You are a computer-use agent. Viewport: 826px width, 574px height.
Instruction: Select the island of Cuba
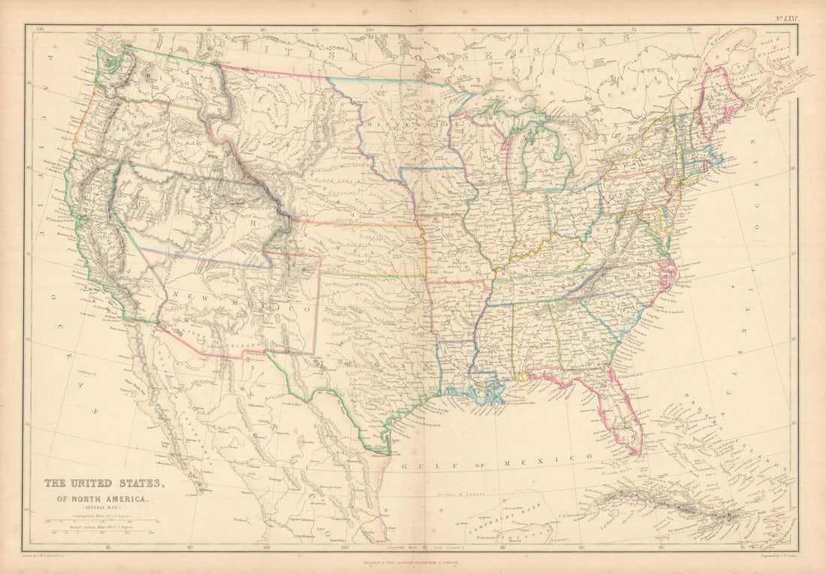pyautogui.click(x=676, y=506)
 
